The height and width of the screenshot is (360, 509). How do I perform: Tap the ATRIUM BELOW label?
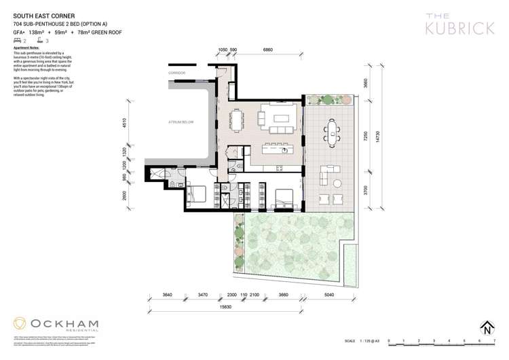(181, 122)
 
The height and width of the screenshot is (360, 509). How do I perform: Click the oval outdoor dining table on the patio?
(332, 128)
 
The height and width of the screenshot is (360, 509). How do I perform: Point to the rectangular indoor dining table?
(237, 120)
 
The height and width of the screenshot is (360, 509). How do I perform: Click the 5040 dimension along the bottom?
(328, 294)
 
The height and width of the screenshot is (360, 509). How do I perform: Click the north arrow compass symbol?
(487, 327)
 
